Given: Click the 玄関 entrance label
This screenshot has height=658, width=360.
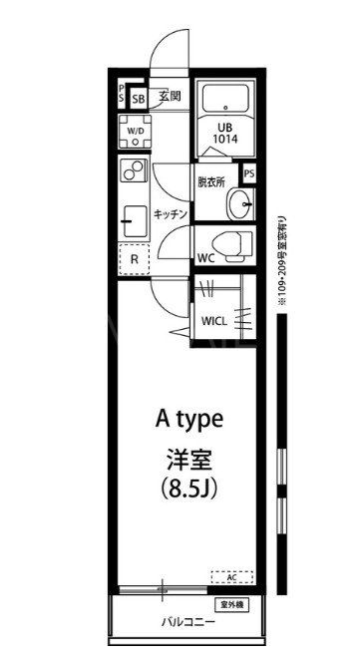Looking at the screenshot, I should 170,97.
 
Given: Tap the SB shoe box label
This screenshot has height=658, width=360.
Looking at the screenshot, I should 139,99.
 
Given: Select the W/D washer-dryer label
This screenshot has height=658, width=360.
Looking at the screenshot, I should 135,131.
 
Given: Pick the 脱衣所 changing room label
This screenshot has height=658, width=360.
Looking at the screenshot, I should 211,182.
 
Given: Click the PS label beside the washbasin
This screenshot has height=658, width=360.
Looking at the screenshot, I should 248,172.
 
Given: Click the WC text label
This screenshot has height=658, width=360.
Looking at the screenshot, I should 206,258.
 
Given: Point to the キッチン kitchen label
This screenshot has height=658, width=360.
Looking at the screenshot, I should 170,214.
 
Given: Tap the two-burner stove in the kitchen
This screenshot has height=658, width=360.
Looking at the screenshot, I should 133,171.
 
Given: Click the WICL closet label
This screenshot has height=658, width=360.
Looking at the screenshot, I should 214,321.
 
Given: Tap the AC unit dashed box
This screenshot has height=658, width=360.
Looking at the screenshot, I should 231,577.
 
